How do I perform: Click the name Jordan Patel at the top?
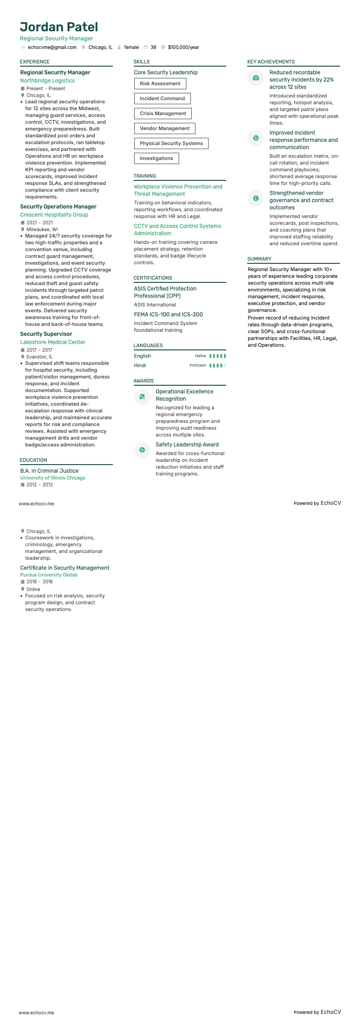click(x=59, y=27)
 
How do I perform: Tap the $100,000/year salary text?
click(x=183, y=47)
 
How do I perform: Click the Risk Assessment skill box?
click(x=160, y=83)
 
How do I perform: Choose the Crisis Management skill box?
click(x=163, y=113)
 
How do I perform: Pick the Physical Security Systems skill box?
click(x=171, y=143)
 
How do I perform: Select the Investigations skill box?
click(x=156, y=158)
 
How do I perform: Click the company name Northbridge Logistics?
click(x=47, y=81)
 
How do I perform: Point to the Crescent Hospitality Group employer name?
click(x=54, y=215)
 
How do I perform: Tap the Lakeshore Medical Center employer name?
click(x=53, y=342)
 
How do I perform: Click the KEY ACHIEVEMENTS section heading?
click(x=271, y=62)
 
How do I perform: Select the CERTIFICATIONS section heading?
click(x=153, y=278)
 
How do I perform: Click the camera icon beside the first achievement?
click(x=256, y=78)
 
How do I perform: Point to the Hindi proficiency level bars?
click(x=218, y=365)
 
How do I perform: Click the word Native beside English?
click(x=200, y=356)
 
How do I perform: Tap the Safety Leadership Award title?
click(x=187, y=445)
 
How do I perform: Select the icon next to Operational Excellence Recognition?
click(x=142, y=397)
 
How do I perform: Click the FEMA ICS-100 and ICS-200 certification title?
click(x=168, y=315)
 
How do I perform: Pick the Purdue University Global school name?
click(x=49, y=575)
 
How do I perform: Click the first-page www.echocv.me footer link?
click(x=36, y=504)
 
